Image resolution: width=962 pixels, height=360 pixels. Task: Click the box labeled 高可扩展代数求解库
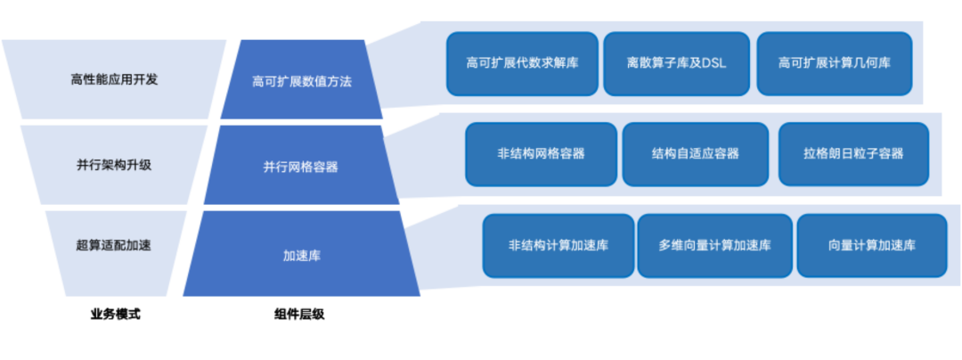tap(521, 63)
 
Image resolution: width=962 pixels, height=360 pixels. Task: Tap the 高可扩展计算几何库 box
tap(835, 63)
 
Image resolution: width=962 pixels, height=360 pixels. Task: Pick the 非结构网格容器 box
tap(541, 154)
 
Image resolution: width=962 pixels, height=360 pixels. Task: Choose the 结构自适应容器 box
tap(695, 154)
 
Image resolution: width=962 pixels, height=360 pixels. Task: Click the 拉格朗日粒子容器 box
tap(853, 154)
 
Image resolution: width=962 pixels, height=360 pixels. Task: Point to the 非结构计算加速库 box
tap(558, 246)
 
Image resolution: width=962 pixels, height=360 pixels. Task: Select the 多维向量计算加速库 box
tap(714, 246)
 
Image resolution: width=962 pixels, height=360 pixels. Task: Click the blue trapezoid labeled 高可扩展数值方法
tap(302, 80)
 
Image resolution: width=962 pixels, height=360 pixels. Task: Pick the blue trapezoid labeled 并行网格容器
tap(300, 166)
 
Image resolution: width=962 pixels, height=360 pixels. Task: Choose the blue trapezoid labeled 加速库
tap(302, 254)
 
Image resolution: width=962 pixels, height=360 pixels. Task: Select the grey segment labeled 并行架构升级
tap(114, 165)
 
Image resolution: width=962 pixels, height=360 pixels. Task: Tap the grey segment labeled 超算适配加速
tap(114, 245)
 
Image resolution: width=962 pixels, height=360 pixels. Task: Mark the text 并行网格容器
tap(300, 167)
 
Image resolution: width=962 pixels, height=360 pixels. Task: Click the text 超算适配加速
tap(114, 244)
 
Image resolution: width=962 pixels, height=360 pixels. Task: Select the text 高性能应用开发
tap(114, 79)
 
